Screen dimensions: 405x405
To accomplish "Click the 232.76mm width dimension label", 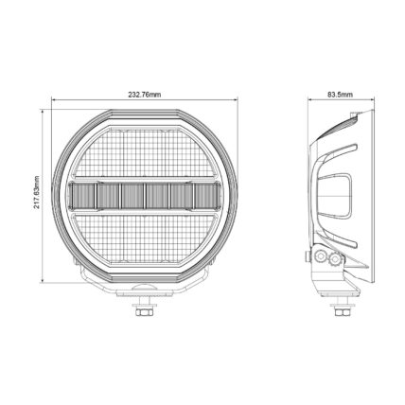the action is (145, 95).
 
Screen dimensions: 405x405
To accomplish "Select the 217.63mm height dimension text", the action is (37, 192).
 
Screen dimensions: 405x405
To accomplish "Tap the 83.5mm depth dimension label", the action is (341, 95).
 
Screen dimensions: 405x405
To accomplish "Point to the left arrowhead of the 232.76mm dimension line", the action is (54, 99).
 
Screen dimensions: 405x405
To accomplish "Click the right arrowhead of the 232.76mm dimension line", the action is (236, 99).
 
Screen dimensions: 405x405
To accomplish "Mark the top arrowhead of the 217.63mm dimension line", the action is (43, 112).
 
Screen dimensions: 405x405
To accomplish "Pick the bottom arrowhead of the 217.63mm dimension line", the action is (43, 281).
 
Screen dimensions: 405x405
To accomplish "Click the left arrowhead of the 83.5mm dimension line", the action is (310, 99).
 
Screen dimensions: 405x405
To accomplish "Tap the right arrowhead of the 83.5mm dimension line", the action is (372, 99).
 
